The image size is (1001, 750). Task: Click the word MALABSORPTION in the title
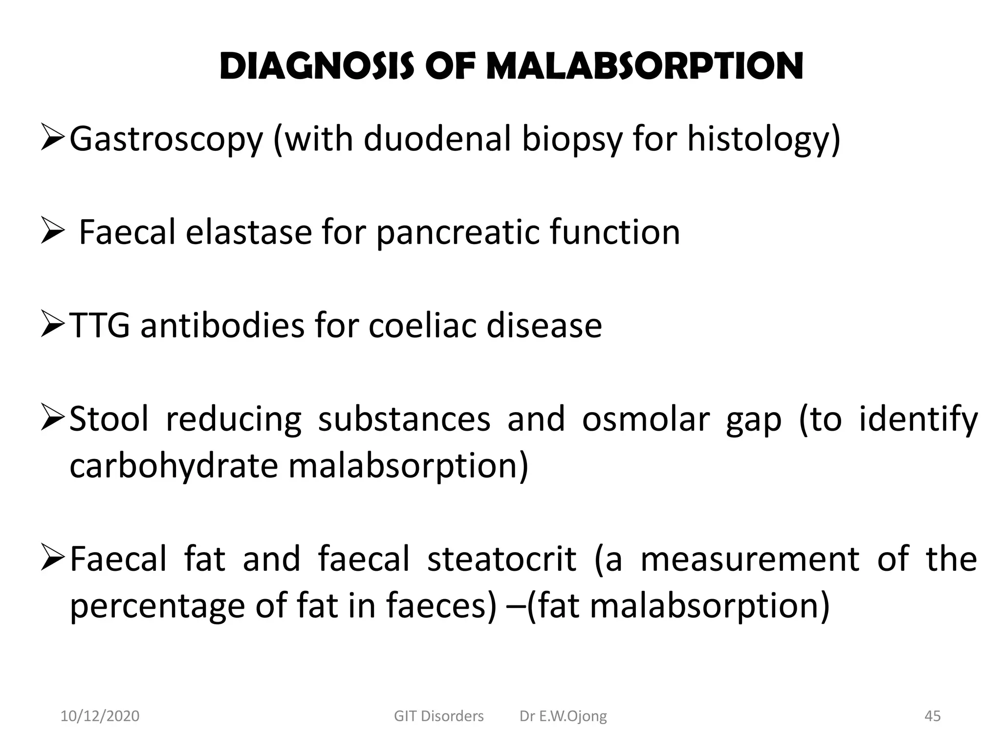(x=645, y=67)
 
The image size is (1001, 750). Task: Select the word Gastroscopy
(x=166, y=140)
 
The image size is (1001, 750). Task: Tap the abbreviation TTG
(x=100, y=326)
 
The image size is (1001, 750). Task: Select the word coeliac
(x=422, y=325)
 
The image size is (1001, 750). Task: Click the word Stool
(x=109, y=419)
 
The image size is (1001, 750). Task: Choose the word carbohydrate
(x=174, y=466)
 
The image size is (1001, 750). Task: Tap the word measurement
(x=749, y=559)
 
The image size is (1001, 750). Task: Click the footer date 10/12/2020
(x=100, y=716)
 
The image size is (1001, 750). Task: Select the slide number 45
(x=933, y=716)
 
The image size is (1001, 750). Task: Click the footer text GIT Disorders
(x=438, y=716)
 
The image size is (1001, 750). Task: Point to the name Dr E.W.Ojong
(x=563, y=716)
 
